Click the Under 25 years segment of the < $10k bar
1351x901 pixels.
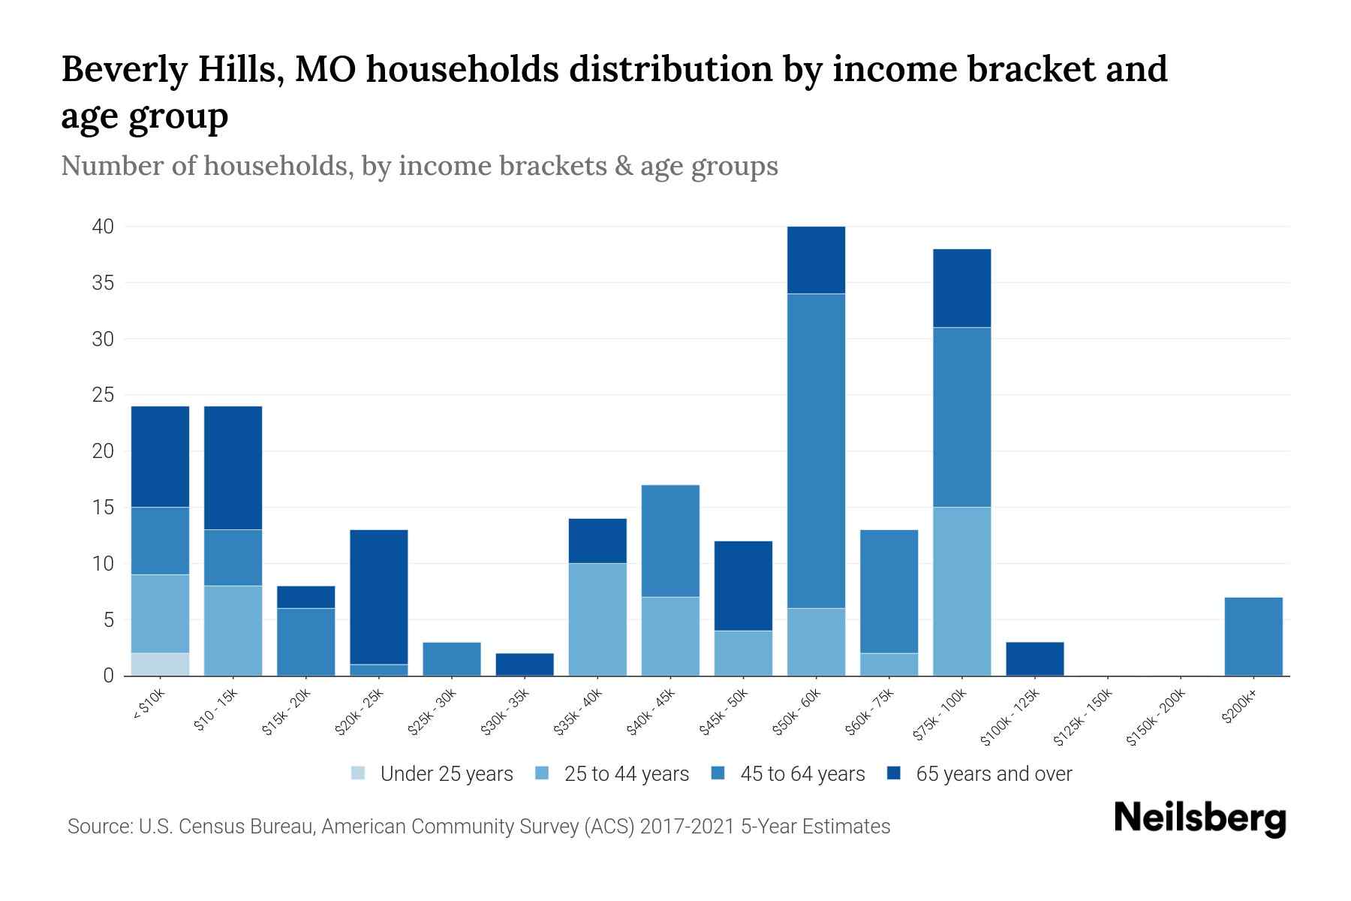(160, 664)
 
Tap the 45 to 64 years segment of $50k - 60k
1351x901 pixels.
(816, 450)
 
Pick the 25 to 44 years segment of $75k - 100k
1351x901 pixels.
(961, 591)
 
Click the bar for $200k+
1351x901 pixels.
(1253, 636)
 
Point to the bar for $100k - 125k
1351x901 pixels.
(1034, 658)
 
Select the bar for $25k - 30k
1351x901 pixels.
(452, 658)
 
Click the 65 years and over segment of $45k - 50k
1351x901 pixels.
(743, 586)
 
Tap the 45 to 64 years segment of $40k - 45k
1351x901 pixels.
(670, 541)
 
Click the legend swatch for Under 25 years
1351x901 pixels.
(359, 773)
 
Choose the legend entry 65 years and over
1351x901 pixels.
(993, 773)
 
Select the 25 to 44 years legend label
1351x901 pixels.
(626, 773)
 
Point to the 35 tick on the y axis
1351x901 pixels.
(104, 283)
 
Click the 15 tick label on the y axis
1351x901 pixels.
(104, 508)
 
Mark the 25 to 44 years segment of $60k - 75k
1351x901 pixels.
(889, 664)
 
